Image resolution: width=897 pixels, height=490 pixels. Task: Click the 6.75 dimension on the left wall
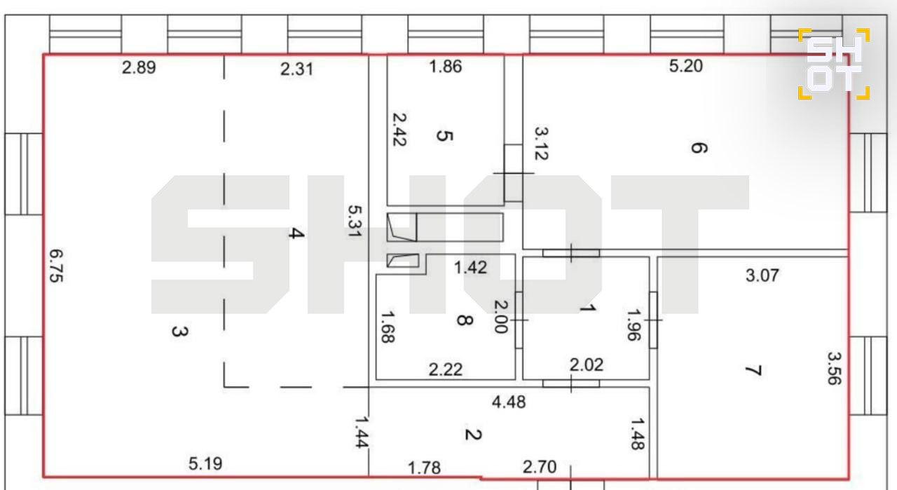point(57,266)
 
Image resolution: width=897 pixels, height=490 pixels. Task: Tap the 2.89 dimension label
point(139,67)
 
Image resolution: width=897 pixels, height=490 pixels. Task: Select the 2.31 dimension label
point(296,69)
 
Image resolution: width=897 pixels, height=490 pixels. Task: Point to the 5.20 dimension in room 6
point(685,66)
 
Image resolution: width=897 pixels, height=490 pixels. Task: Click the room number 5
point(444,136)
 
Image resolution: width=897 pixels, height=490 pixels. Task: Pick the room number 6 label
point(699,148)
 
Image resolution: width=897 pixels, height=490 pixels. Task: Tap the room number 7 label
point(753,371)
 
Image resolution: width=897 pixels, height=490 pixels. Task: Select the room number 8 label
point(465,320)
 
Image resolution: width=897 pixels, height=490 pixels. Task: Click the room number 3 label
point(180,332)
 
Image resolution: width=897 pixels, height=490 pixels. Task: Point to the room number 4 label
point(296,233)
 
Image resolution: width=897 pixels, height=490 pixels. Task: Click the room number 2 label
point(473,435)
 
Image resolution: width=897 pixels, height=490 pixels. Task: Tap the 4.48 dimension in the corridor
point(509,402)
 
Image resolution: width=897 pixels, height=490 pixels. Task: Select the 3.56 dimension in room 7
point(835,368)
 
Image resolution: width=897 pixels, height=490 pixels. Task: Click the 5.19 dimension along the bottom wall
point(205,464)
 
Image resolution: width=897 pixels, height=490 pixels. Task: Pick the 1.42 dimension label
point(470,268)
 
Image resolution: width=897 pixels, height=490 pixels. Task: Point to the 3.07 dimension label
point(762,275)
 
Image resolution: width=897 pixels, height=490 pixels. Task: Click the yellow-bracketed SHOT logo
point(834,64)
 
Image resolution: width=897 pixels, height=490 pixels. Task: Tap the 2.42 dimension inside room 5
point(399,130)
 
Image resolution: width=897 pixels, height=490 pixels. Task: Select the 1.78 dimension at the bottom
point(424,468)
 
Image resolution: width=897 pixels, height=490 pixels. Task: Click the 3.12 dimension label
point(542,144)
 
